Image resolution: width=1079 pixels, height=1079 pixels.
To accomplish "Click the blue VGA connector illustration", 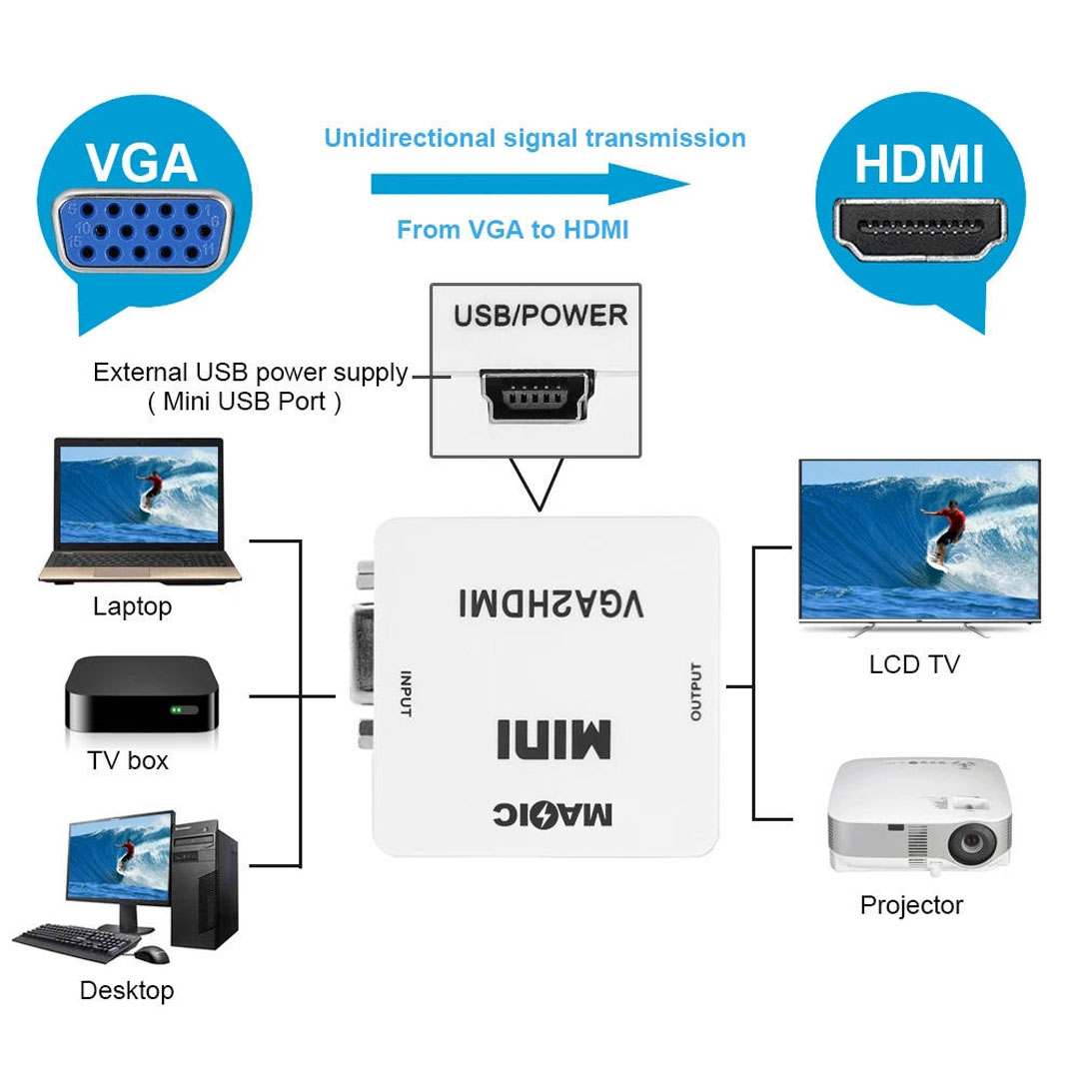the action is [143, 231].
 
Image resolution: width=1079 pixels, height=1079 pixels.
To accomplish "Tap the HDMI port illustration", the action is [919, 229].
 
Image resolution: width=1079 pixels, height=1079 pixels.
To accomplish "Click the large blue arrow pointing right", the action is [530, 184].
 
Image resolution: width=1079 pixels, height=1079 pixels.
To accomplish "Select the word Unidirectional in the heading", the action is [410, 138].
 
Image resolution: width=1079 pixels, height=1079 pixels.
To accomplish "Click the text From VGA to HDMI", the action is [513, 230].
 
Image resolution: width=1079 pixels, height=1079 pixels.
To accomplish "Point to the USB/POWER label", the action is [540, 315].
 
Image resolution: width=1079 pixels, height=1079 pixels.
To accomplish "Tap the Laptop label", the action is [132, 607].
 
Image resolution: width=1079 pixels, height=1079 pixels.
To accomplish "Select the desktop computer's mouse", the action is [152, 954].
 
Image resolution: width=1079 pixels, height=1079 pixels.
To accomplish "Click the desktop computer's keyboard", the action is [73, 942].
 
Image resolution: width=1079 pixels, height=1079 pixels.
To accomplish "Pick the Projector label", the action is [911, 905].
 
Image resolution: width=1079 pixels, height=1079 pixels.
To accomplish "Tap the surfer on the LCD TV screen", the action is [944, 533].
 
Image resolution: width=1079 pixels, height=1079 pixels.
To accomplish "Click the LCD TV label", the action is [914, 664].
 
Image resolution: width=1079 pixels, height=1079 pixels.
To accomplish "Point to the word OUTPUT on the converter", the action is [695, 691].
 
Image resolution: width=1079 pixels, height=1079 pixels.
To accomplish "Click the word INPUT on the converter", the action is [406, 693].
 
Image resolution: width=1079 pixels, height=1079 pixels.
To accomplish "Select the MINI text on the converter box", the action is [553, 739].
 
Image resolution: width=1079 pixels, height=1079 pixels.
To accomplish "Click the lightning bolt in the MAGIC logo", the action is [545, 815].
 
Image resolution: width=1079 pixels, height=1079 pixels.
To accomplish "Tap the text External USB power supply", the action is [251, 373].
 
